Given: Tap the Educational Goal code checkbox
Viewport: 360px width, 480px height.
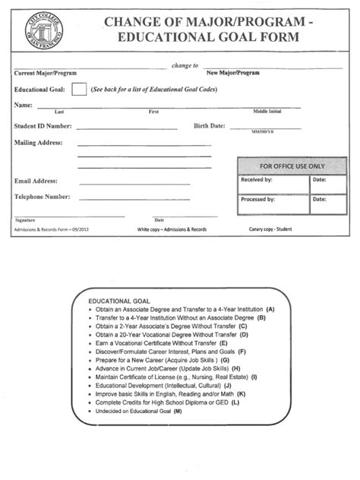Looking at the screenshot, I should pyautogui.click(x=79, y=90).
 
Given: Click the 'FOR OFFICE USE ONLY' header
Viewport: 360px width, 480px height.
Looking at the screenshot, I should pyautogui.click(x=292, y=166).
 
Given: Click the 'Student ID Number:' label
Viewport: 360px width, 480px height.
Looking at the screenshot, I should pyautogui.click(x=43, y=126).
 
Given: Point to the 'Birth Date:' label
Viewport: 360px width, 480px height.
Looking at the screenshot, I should pyautogui.click(x=210, y=126).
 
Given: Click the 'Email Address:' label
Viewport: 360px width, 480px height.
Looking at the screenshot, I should pyautogui.click(x=36, y=182).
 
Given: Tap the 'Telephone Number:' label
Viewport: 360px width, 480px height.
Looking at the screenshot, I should pyautogui.click(x=42, y=197).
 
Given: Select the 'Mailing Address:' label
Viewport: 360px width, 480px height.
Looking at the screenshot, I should pyautogui.click(x=39, y=142).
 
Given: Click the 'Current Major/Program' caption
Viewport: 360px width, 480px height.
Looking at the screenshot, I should pyautogui.click(x=44, y=74).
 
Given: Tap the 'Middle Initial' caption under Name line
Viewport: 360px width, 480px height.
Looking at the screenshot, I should pyautogui.click(x=267, y=112).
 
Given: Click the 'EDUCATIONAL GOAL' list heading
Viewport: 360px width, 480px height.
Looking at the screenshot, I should pyautogui.click(x=114, y=302).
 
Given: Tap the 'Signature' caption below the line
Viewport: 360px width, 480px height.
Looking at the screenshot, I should pyautogui.click(x=25, y=219).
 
